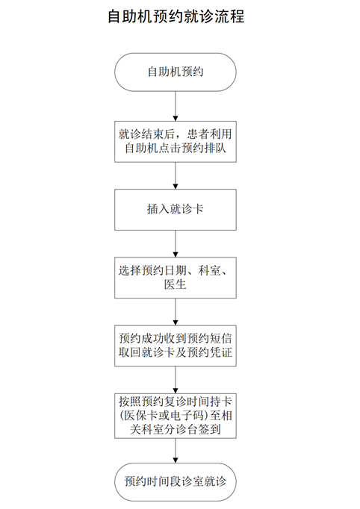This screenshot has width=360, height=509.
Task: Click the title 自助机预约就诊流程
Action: click(176, 16)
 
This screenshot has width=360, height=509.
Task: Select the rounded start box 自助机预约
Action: click(176, 72)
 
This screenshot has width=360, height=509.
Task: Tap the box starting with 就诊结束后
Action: click(176, 142)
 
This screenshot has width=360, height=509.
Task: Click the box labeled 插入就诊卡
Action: click(176, 210)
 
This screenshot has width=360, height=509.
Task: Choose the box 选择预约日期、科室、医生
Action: click(176, 278)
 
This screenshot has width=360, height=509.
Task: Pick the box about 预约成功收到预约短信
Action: click(176, 346)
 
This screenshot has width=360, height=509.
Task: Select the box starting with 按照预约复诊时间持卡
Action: click(176, 416)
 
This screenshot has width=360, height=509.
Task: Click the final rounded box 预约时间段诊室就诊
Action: click(176, 481)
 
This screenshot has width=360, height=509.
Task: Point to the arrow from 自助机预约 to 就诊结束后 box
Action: click(176, 106)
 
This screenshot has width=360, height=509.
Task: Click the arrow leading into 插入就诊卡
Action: click(176, 175)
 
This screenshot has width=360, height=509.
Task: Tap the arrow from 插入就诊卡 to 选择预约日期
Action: click(176, 244)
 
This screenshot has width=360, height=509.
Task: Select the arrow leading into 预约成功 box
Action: click(176, 312)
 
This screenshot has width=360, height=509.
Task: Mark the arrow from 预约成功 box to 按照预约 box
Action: click(176, 380)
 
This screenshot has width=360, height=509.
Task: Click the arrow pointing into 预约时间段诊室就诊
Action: click(176, 451)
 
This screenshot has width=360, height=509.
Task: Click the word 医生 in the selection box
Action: click(175, 284)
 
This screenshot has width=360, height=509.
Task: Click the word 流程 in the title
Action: click(229, 16)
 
